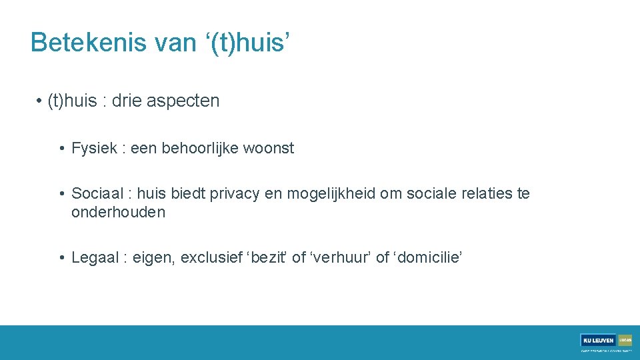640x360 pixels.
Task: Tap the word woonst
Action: pyautogui.click(x=269, y=148)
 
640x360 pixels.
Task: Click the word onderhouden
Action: pyautogui.click(x=118, y=213)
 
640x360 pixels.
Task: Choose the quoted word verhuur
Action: pyautogui.click(x=339, y=258)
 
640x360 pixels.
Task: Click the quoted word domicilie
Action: pyautogui.click(x=427, y=258)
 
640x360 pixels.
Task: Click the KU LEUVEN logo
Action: pyautogui.click(x=599, y=340)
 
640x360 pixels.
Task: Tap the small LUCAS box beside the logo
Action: pyautogui.click(x=625, y=340)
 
